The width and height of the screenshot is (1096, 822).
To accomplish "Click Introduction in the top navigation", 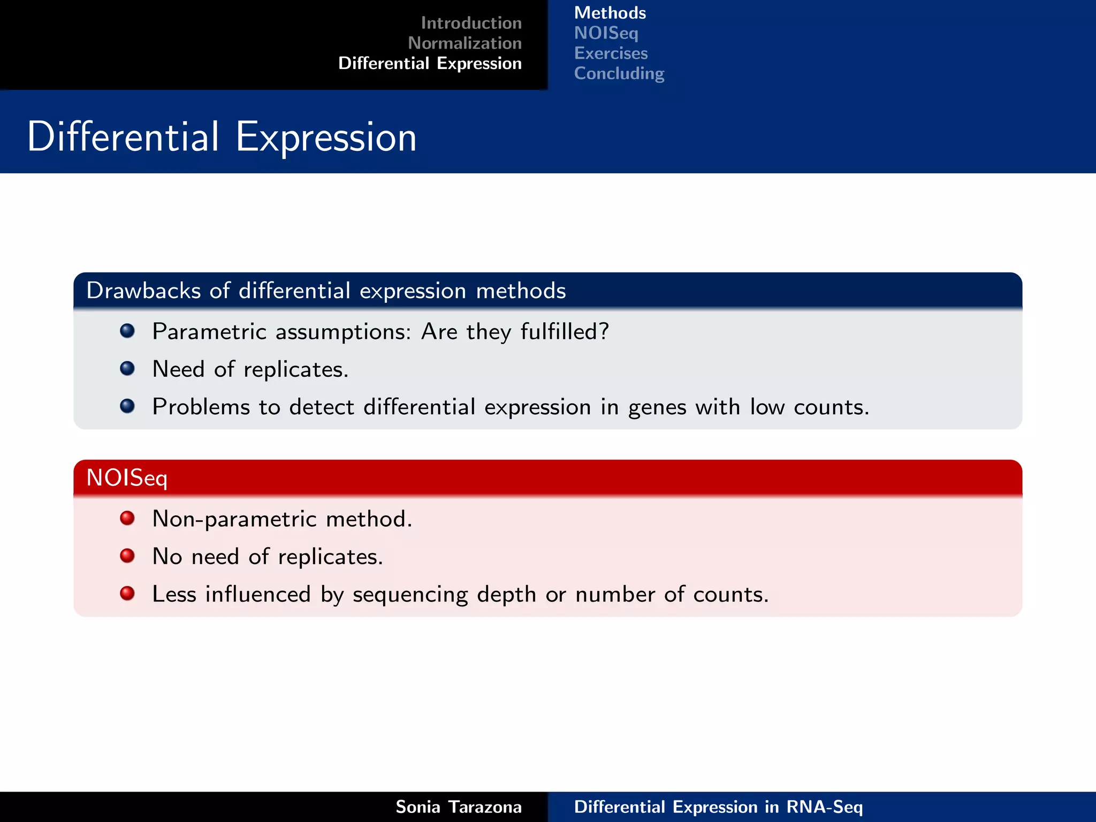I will pyautogui.click(x=471, y=23).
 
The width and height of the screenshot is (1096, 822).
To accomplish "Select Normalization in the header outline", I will pyautogui.click(x=465, y=43).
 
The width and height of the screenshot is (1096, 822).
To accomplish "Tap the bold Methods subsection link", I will pyautogui.click(x=610, y=13).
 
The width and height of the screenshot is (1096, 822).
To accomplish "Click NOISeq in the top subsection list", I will pyautogui.click(x=606, y=33).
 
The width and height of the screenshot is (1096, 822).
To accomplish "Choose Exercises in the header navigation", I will pyautogui.click(x=611, y=54).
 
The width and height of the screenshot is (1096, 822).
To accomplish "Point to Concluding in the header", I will pyautogui.click(x=619, y=73).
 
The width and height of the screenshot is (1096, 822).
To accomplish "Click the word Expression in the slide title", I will pyautogui.click(x=326, y=138).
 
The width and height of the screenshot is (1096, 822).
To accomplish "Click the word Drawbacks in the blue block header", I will pyautogui.click(x=143, y=291).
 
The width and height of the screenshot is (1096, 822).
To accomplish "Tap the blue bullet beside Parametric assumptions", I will pyautogui.click(x=127, y=331).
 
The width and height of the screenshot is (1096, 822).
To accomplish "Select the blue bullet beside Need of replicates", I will pyautogui.click(x=127, y=368).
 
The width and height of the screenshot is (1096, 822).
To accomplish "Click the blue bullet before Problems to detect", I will pyautogui.click(x=127, y=406).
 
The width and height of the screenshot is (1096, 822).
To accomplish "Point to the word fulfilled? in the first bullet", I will pyautogui.click(x=565, y=332).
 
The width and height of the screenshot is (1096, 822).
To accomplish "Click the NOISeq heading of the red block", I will pyautogui.click(x=127, y=478).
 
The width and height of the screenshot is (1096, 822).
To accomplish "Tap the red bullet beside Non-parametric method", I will pyautogui.click(x=127, y=518).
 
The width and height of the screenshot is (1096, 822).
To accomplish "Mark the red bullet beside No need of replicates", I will pyautogui.click(x=127, y=555).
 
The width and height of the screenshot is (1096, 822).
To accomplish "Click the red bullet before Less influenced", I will pyautogui.click(x=127, y=593).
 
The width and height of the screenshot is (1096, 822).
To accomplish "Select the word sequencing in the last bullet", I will pyautogui.click(x=410, y=595).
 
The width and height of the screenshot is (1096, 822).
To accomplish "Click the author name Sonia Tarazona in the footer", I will pyautogui.click(x=458, y=807).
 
